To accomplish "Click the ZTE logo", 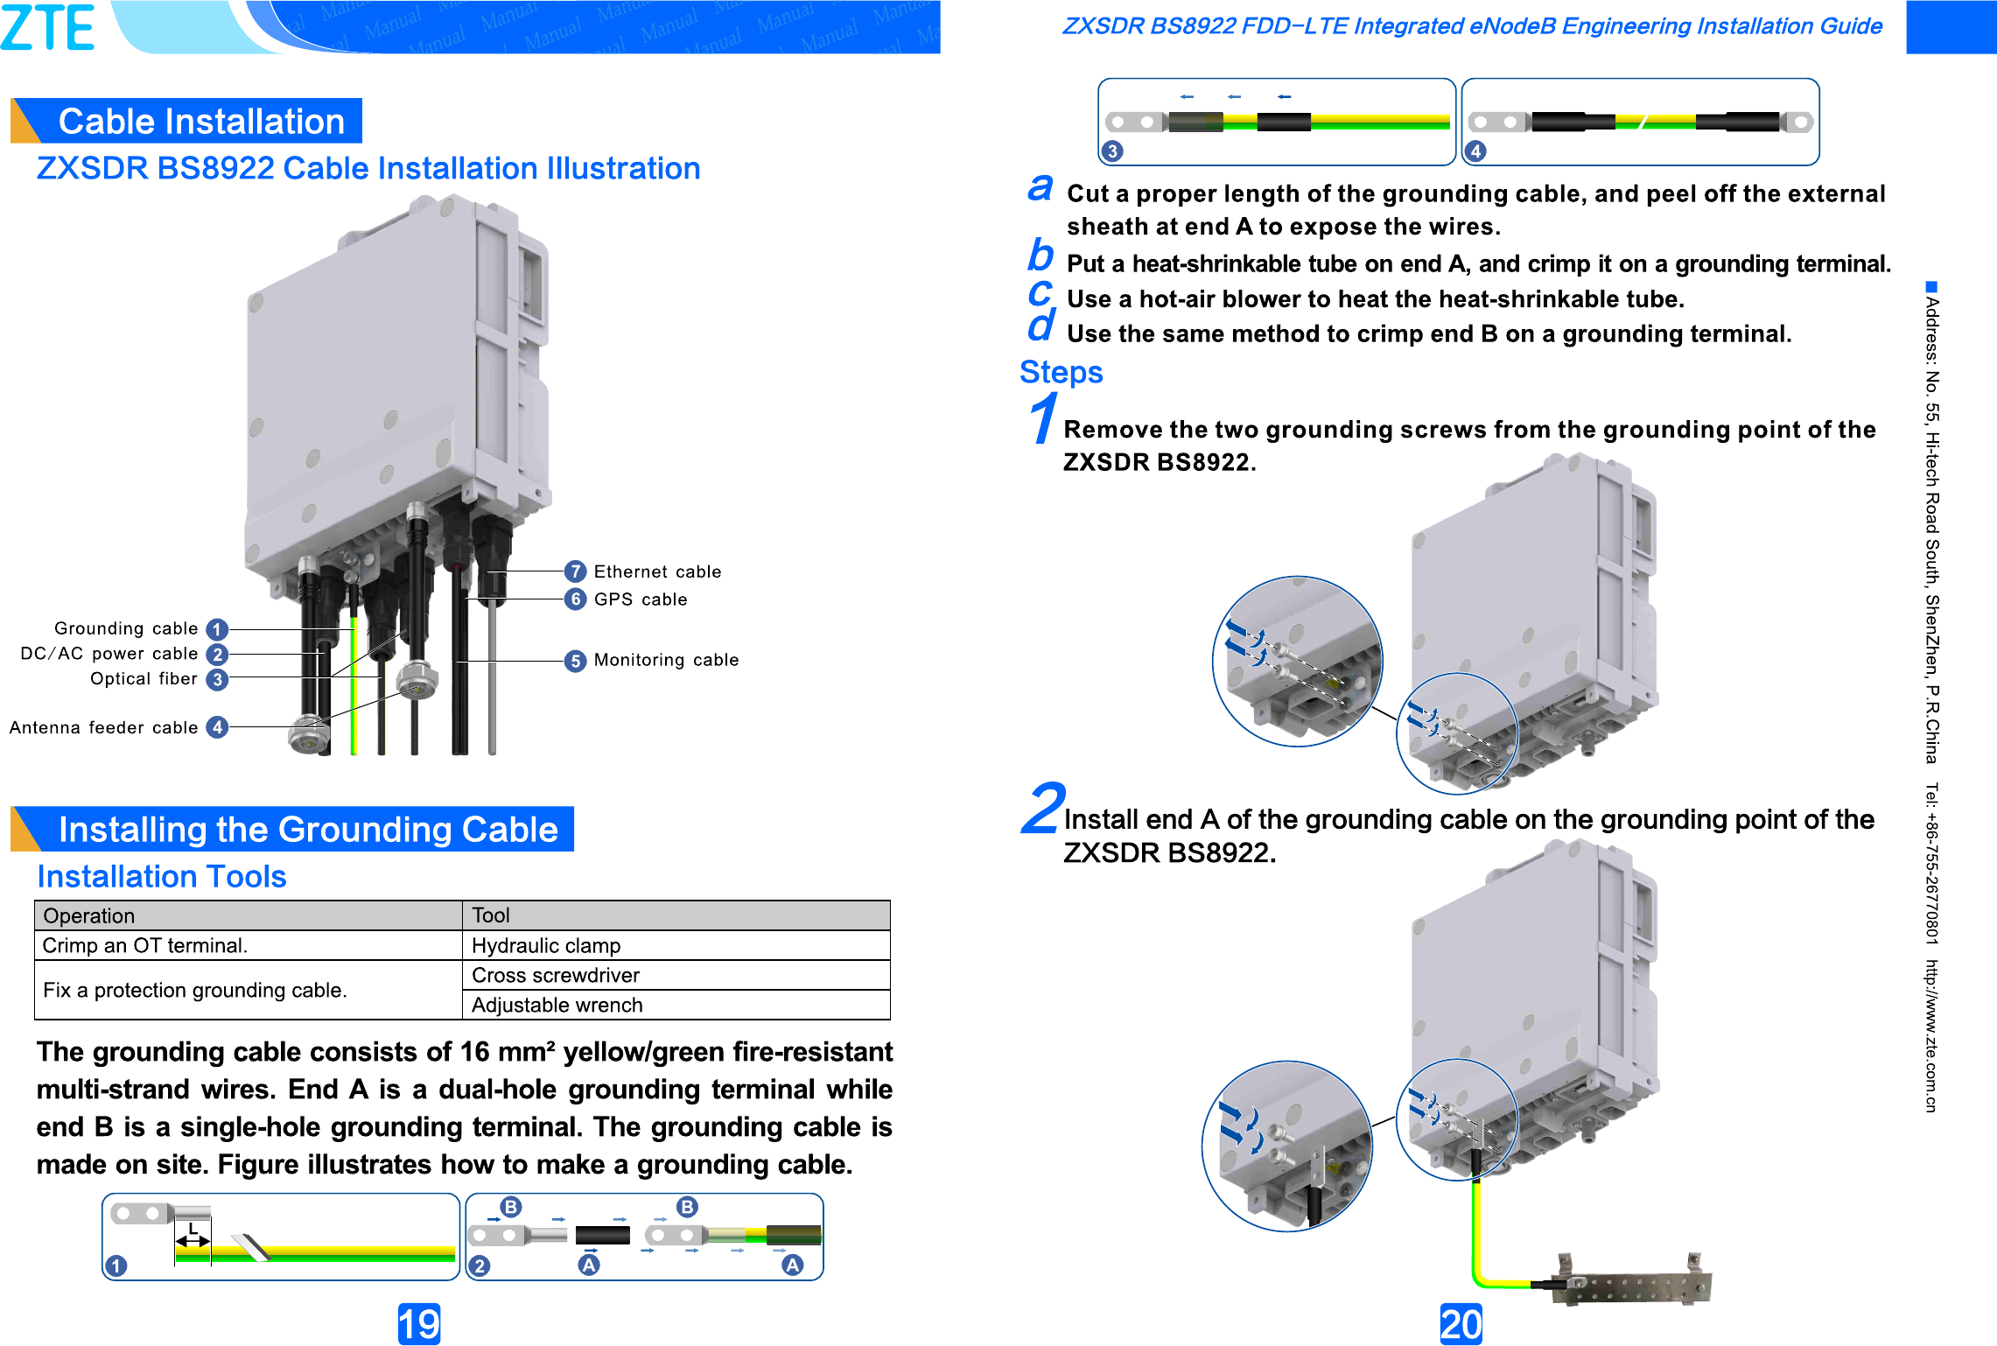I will click(48, 26).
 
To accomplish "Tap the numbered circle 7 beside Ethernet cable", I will click(575, 571).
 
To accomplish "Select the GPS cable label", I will click(641, 599).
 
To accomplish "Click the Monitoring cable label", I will click(666, 660).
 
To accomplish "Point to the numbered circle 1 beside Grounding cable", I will click(217, 629).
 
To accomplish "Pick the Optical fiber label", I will click(144, 679).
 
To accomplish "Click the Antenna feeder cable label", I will click(103, 728).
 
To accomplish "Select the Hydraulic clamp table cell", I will click(546, 946).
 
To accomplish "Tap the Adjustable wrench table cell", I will click(557, 1006).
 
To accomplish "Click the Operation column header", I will click(89, 915).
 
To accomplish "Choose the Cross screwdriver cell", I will click(555, 976).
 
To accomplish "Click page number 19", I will click(419, 1324).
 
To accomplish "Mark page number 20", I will click(1461, 1324).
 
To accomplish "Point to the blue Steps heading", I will click(1061, 372).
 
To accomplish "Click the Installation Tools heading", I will click(162, 877).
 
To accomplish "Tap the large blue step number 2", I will click(1043, 808).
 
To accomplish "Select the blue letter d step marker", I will click(1041, 326).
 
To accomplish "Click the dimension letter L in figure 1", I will click(193, 1229).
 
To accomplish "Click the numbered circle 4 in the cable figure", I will click(1475, 151).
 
